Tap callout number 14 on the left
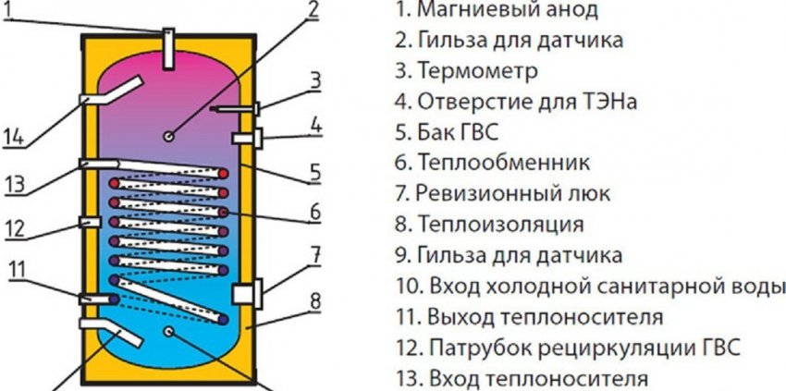[x=13, y=138]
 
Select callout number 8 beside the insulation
[x=314, y=299]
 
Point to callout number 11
[x=18, y=269]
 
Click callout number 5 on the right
[x=314, y=171]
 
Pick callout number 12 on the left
[x=16, y=226]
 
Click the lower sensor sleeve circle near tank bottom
[x=168, y=331]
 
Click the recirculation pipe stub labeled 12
[x=89, y=223]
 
